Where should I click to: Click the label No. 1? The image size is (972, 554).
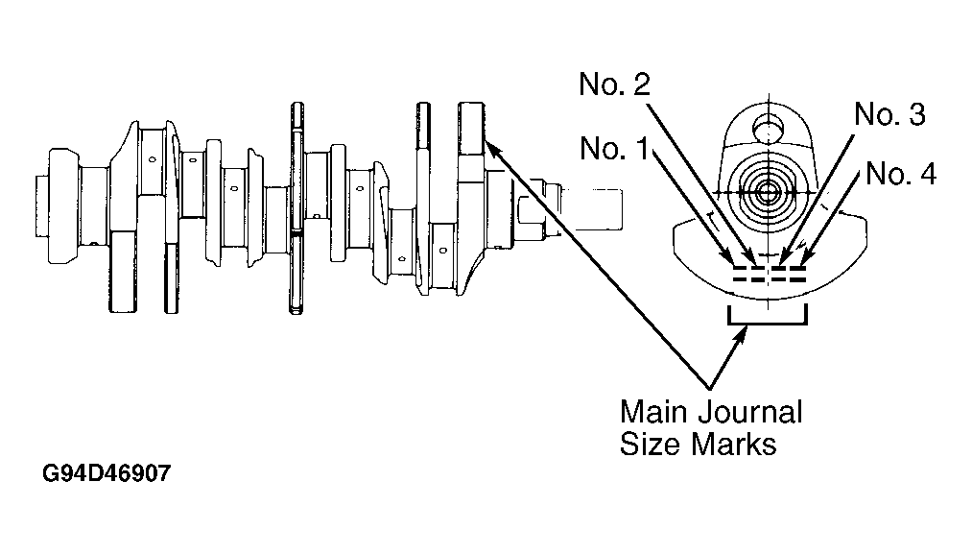[x=614, y=149]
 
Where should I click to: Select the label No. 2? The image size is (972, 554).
[x=614, y=84]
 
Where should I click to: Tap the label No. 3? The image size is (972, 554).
[x=889, y=114]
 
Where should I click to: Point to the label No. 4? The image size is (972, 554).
[x=901, y=174]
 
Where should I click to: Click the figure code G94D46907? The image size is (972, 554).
[x=106, y=473]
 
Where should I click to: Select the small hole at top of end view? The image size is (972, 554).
[x=768, y=131]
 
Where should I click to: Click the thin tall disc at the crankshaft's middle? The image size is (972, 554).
[x=296, y=207]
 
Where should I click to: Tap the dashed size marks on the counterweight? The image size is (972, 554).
[x=770, y=275]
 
